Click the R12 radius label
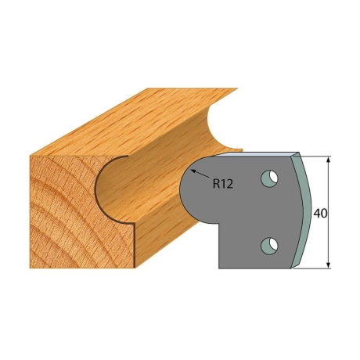[x=223, y=184]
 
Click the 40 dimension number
[x=320, y=214]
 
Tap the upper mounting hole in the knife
[x=269, y=178]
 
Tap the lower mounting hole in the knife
[x=269, y=246]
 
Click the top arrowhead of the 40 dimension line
[x=329, y=160]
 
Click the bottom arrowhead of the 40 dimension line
[x=329, y=265]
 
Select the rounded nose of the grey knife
[x=190, y=190]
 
